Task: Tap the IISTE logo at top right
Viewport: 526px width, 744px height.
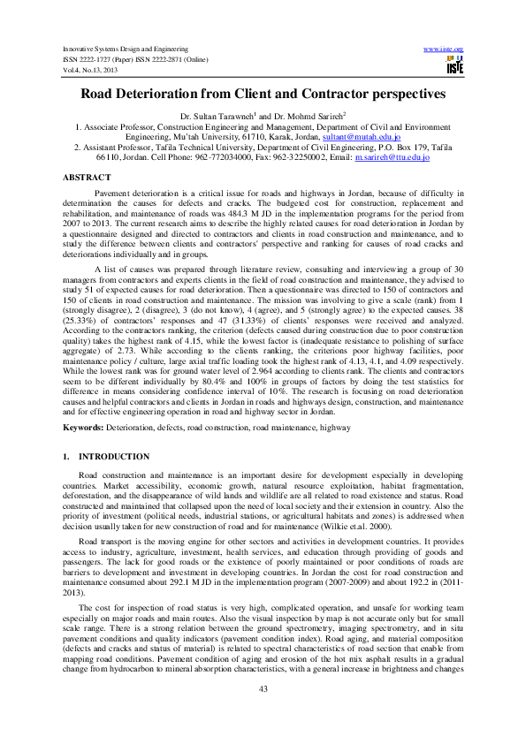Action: [x=454, y=65]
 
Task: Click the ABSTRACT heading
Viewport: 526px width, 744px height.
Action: [x=86, y=178]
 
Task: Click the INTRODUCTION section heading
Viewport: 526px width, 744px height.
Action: [x=114, y=456]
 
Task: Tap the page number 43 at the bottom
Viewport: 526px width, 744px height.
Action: [x=263, y=713]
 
